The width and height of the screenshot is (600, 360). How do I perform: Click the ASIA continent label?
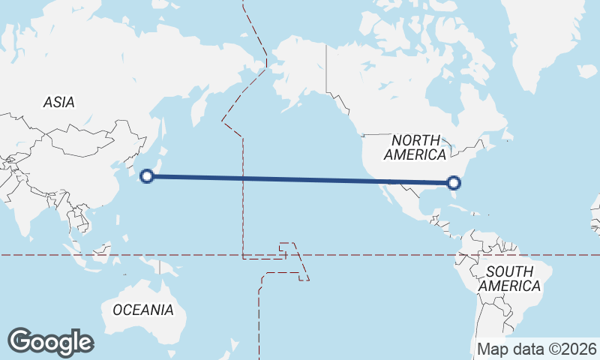59,103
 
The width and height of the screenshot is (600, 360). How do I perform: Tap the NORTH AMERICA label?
415,147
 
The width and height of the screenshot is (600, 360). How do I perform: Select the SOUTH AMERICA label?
509,278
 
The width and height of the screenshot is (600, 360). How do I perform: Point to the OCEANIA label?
143,310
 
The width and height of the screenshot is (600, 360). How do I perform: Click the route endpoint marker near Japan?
148,176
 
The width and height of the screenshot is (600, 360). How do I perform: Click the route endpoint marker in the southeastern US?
453,182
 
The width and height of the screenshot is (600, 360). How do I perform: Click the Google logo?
50,341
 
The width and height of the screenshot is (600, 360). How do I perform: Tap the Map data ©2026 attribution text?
537,349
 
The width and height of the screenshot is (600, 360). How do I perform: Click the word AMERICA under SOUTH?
509,286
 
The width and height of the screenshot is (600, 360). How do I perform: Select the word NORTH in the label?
415,139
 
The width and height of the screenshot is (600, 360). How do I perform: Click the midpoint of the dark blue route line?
300,179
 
